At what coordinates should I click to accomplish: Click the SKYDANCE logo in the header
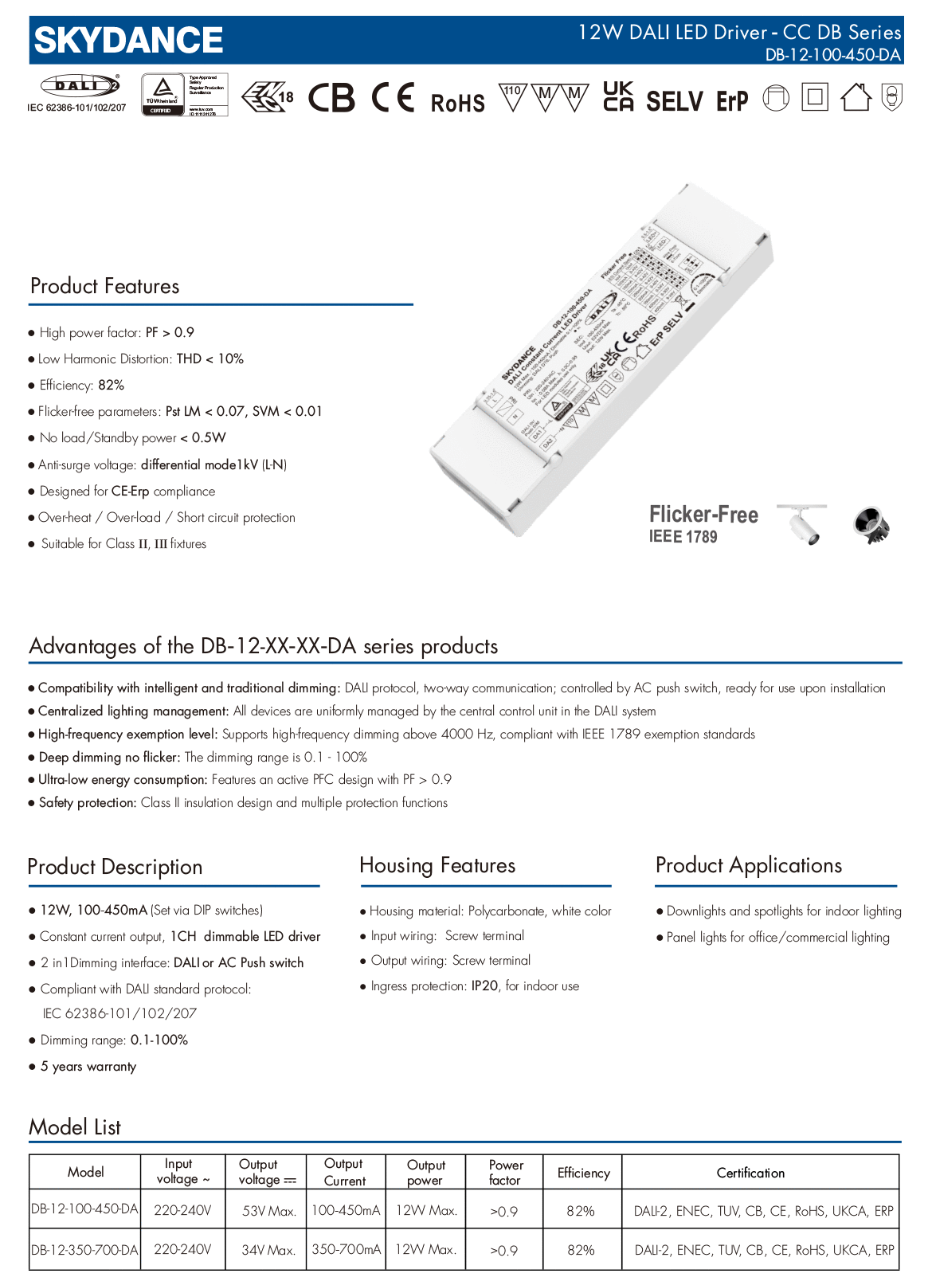click(128, 41)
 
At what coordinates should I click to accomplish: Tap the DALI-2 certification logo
click(80, 85)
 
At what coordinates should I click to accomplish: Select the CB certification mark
click(331, 98)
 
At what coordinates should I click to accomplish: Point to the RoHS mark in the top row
click(457, 103)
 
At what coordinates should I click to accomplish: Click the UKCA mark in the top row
click(618, 96)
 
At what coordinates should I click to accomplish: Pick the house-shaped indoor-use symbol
click(856, 97)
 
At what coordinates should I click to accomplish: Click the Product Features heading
click(104, 286)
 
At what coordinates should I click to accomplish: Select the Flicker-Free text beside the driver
click(703, 515)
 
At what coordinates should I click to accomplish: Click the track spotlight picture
click(803, 524)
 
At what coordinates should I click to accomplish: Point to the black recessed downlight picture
click(871, 526)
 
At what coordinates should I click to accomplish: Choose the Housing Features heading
click(437, 865)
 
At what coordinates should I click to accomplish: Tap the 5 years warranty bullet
click(88, 1066)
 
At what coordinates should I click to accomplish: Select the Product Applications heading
click(748, 865)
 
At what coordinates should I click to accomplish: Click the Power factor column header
click(505, 1173)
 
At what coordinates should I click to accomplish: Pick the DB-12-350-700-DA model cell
click(84, 1250)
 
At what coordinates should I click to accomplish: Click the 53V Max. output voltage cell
click(269, 1211)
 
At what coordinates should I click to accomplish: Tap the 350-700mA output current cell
click(346, 1249)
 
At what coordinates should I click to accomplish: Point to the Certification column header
click(750, 1173)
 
